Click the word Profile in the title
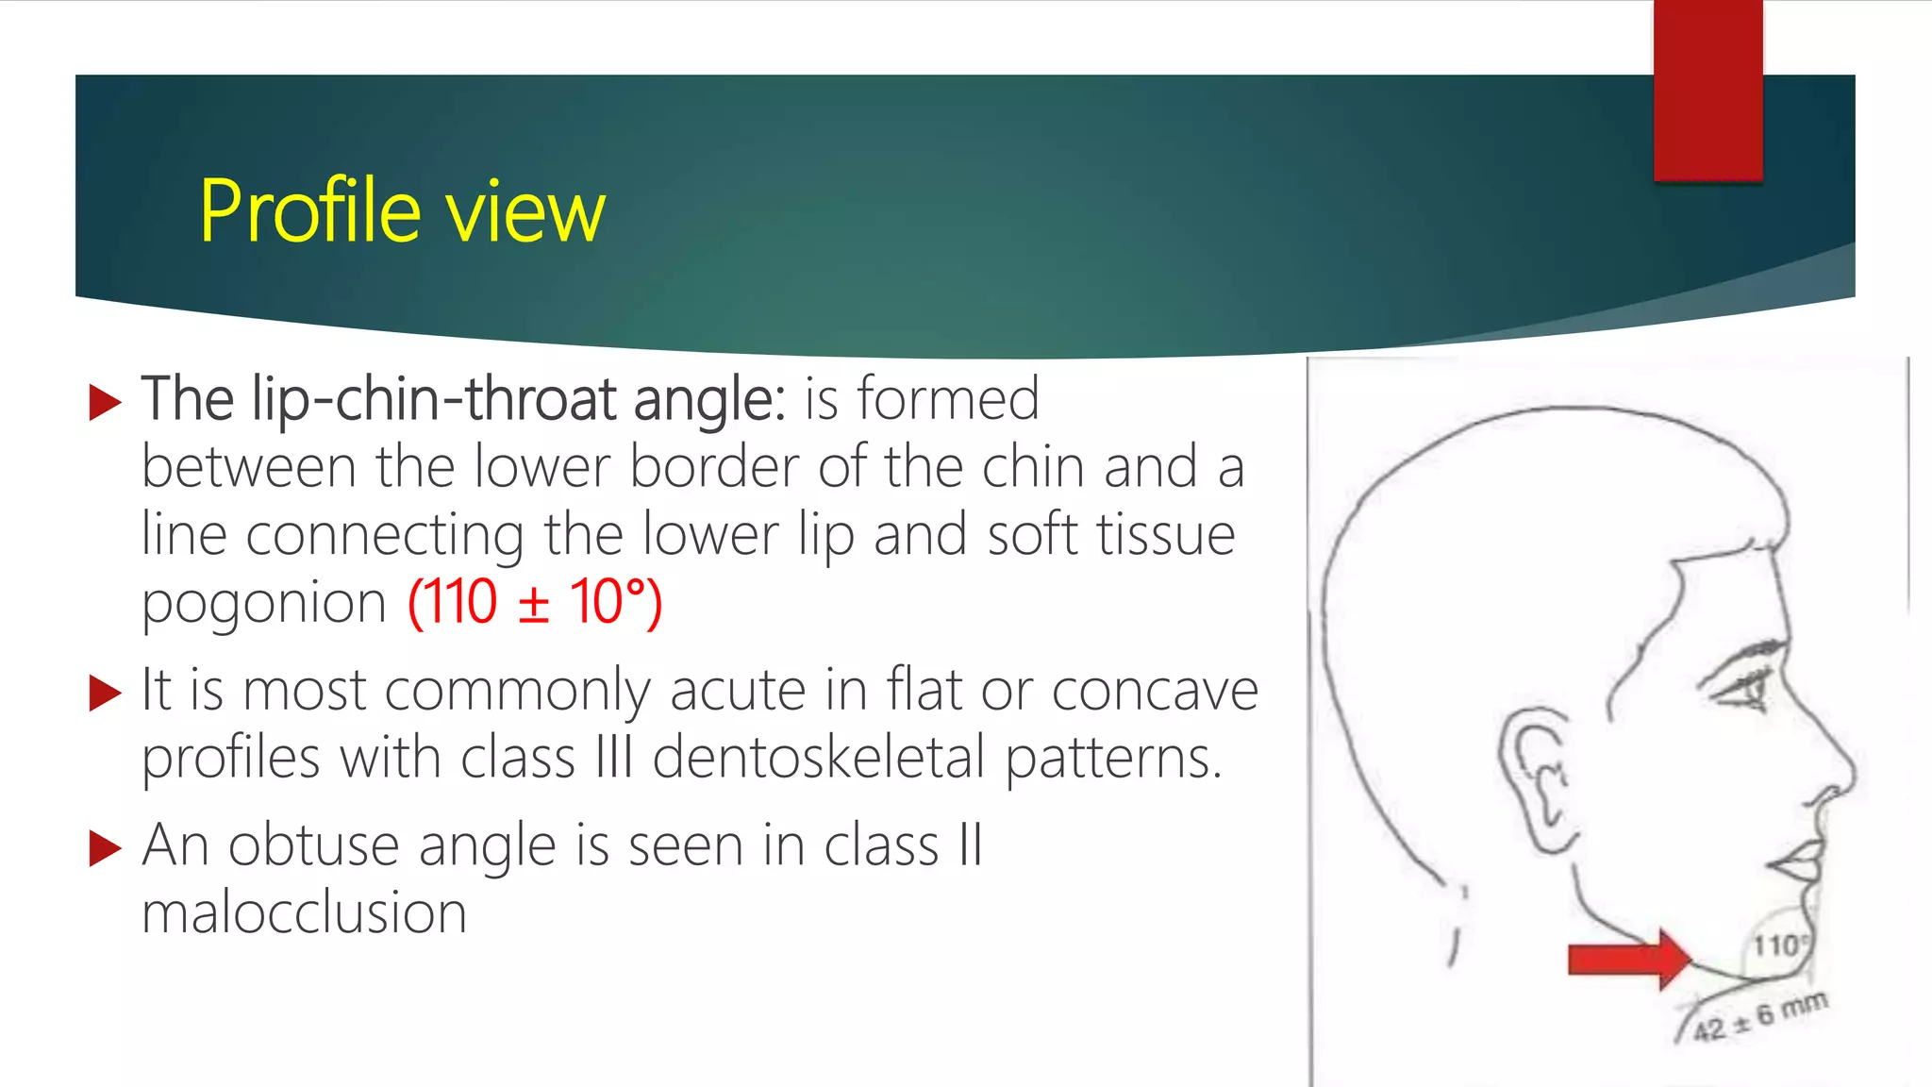coord(308,212)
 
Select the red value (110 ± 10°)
coord(535,602)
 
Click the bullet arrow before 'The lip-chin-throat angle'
coord(105,403)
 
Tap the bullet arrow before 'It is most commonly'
coord(105,694)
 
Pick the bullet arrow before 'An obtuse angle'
coord(105,848)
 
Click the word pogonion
coord(264,604)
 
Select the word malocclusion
coord(304,912)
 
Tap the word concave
coord(1155,690)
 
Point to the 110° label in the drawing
coord(1779,945)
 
